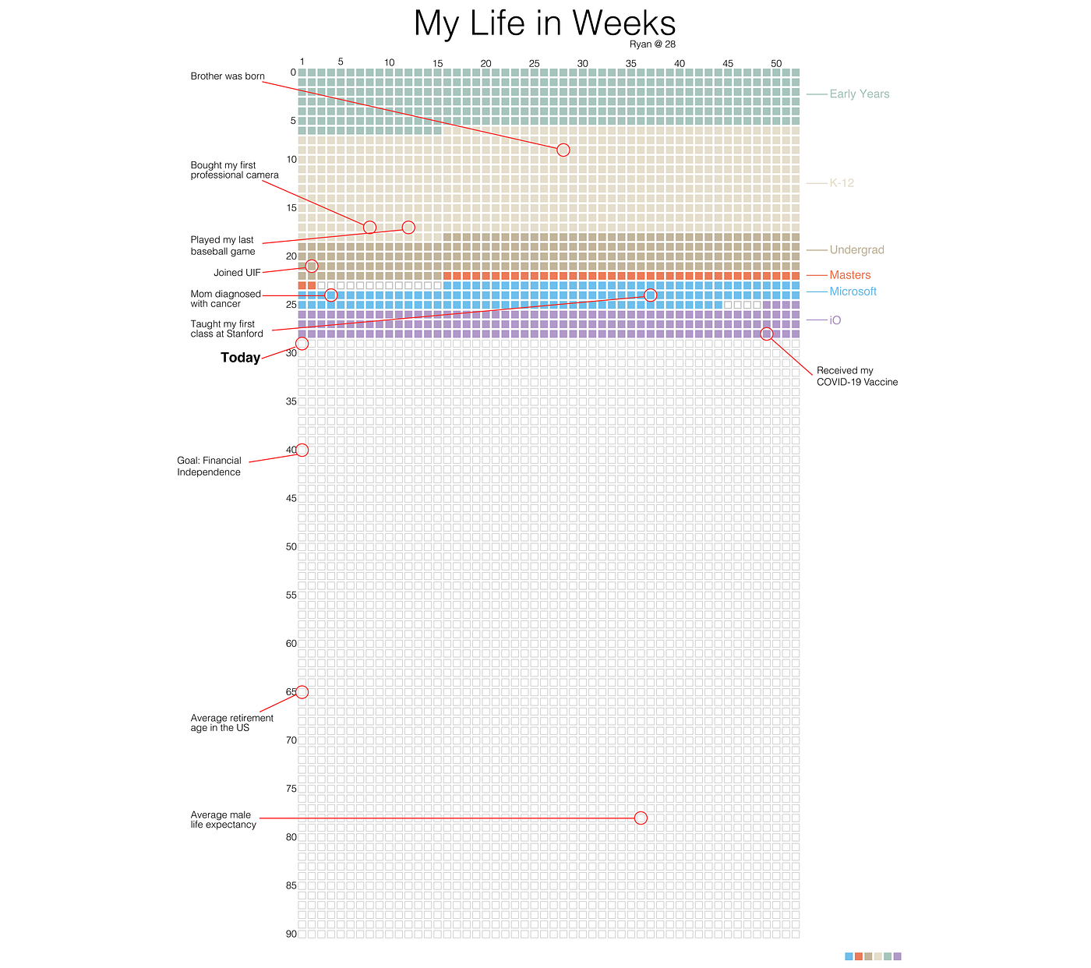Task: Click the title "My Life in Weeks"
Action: click(545, 23)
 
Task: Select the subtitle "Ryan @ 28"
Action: click(652, 44)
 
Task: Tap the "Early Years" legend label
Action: click(859, 94)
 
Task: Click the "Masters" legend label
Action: click(849, 275)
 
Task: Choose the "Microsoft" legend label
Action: click(853, 291)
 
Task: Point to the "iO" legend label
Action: click(835, 320)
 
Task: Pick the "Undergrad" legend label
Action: click(856, 250)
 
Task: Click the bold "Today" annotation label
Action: click(240, 358)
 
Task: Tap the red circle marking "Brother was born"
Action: click(563, 150)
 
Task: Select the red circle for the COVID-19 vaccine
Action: click(766, 334)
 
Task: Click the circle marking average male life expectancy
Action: click(641, 818)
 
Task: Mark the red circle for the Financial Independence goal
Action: click(302, 450)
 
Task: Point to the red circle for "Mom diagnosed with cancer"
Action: click(330, 295)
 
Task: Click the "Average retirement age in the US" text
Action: click(231, 723)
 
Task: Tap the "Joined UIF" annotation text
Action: click(237, 273)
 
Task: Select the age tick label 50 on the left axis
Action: click(291, 547)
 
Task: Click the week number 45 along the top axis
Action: click(728, 63)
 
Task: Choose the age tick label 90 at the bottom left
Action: click(291, 934)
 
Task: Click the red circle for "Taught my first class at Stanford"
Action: click(651, 295)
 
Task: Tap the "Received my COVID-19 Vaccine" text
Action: click(856, 376)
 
